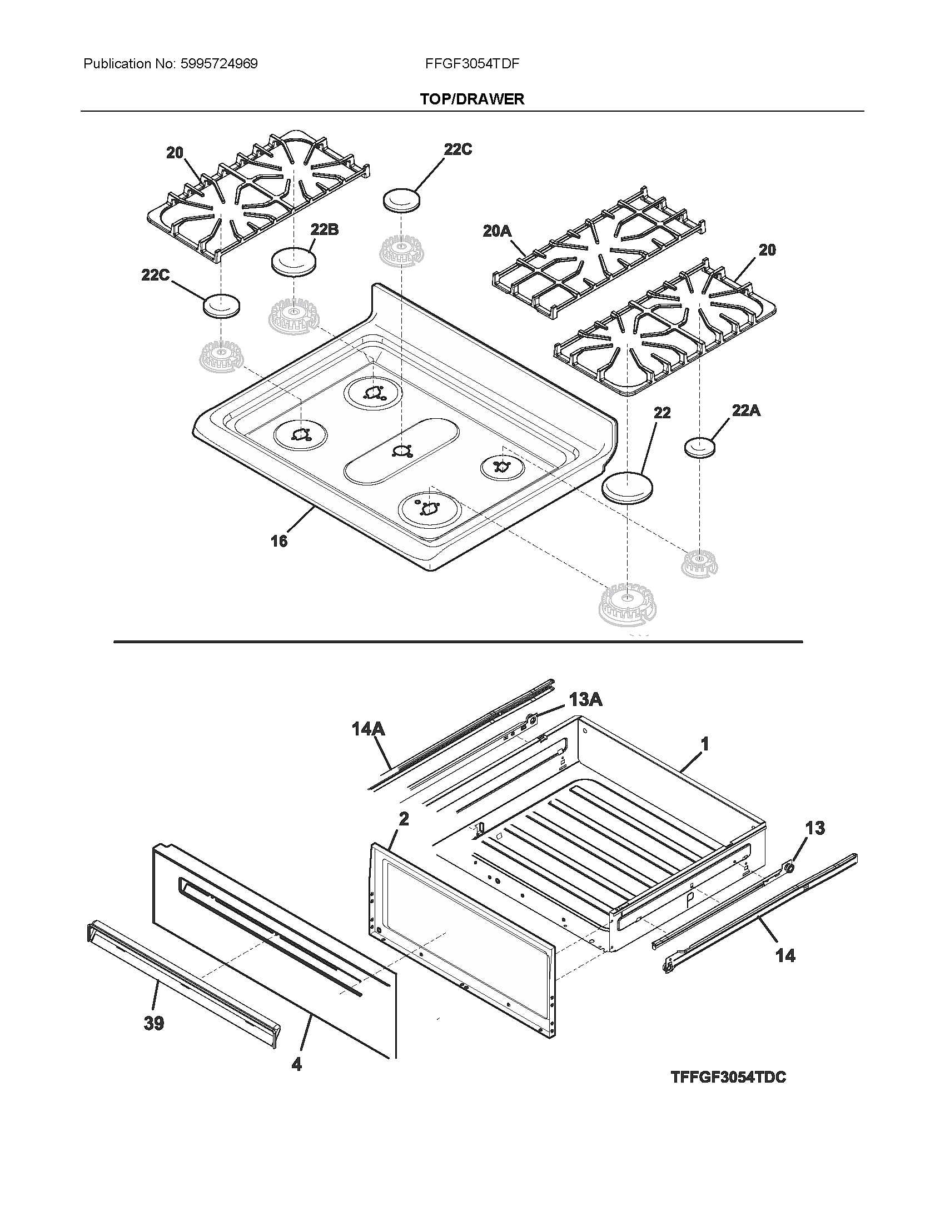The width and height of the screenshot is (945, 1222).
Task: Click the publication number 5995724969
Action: click(x=219, y=64)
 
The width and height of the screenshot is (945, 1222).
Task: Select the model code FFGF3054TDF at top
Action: click(x=472, y=64)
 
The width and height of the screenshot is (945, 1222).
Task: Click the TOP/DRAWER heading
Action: click(x=472, y=99)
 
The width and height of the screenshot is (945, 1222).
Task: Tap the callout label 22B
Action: click(x=324, y=229)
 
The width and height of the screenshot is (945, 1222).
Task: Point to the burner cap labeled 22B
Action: click(x=293, y=262)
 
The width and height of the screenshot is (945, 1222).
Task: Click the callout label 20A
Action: click(x=497, y=231)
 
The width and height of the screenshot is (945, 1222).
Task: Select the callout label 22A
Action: click(x=745, y=410)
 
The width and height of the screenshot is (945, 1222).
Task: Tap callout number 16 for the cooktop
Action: click(x=279, y=541)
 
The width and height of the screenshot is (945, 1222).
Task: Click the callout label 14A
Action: click(x=369, y=729)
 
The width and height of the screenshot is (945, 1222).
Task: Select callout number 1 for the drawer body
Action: click(x=705, y=744)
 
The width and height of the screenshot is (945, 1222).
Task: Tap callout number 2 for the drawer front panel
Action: click(x=403, y=819)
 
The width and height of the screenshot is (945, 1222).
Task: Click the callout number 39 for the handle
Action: click(x=153, y=1023)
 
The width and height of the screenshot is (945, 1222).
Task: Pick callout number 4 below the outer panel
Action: click(x=296, y=1064)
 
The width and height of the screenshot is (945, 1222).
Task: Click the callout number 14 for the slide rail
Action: click(x=785, y=956)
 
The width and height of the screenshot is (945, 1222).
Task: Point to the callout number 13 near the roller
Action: click(x=815, y=828)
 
